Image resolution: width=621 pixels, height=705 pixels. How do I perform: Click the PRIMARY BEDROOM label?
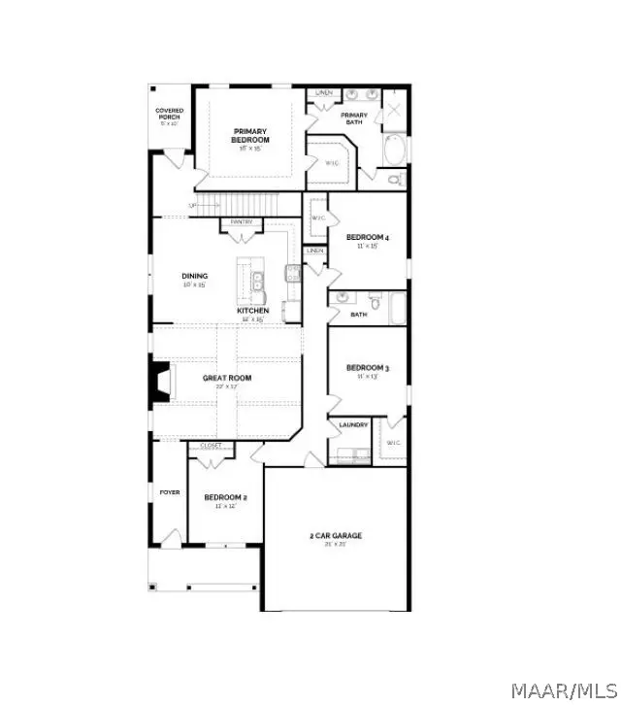pyautogui.click(x=250, y=136)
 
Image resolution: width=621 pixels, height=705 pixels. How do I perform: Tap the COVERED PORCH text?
pyautogui.click(x=170, y=115)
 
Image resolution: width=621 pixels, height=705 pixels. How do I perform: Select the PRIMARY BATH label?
pyautogui.click(x=353, y=117)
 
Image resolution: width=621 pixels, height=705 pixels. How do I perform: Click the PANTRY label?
pyautogui.click(x=243, y=222)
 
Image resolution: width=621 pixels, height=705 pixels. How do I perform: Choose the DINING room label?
pyautogui.click(x=194, y=276)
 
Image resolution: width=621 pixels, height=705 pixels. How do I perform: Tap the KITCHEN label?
pyautogui.click(x=253, y=311)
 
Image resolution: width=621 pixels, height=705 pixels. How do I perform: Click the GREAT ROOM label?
pyautogui.click(x=227, y=377)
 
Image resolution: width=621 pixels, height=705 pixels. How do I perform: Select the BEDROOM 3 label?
pyautogui.click(x=368, y=368)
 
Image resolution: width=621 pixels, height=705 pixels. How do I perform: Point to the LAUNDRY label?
pyautogui.click(x=352, y=425)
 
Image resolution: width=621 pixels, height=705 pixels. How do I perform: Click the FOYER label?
pyautogui.click(x=169, y=492)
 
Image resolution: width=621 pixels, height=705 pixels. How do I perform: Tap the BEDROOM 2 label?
pyautogui.click(x=225, y=498)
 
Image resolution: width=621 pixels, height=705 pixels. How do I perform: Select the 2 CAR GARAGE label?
pyautogui.click(x=336, y=536)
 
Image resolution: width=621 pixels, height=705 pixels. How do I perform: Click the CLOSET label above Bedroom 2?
pyautogui.click(x=211, y=446)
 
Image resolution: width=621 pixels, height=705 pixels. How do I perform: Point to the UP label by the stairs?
pyautogui.click(x=192, y=206)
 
